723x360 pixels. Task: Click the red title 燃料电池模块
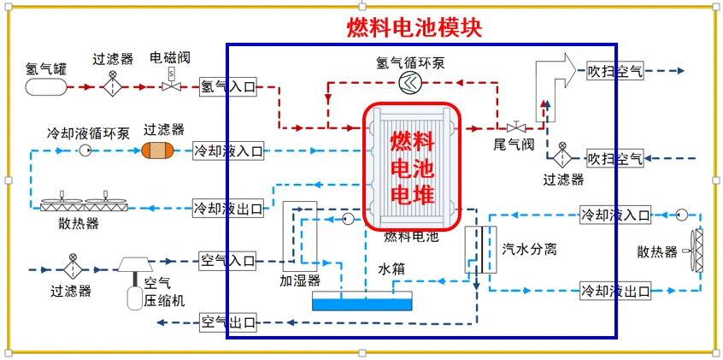click(x=414, y=28)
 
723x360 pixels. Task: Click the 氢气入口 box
click(x=227, y=86)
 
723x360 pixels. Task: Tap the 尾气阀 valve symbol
click(x=514, y=127)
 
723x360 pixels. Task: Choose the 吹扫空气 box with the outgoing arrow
click(x=615, y=71)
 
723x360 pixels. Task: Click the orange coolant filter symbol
click(x=156, y=150)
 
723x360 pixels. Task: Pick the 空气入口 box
click(x=227, y=259)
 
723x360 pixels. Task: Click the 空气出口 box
click(x=227, y=322)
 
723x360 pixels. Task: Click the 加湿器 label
click(x=299, y=279)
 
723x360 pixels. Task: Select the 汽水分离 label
click(x=529, y=249)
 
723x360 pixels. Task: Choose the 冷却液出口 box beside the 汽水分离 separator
click(x=614, y=289)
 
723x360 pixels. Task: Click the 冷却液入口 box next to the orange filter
click(x=227, y=151)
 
